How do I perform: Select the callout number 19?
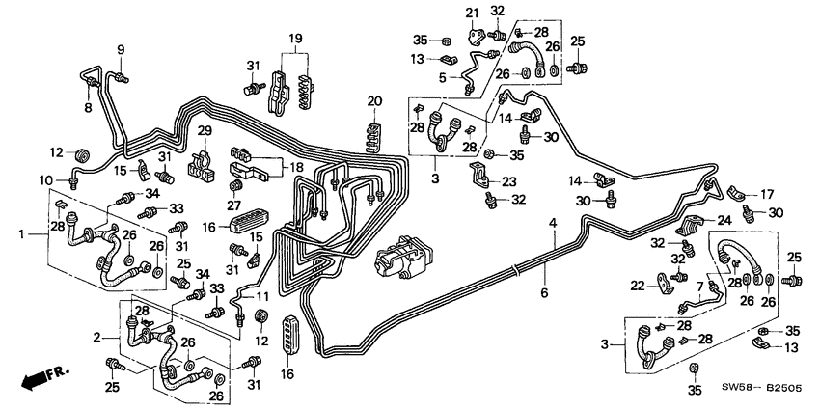click(x=295, y=39)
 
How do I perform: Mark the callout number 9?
click(x=122, y=50)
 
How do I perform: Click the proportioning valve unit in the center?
click(x=399, y=260)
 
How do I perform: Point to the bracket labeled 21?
click(x=474, y=35)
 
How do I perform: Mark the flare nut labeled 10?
click(x=73, y=179)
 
